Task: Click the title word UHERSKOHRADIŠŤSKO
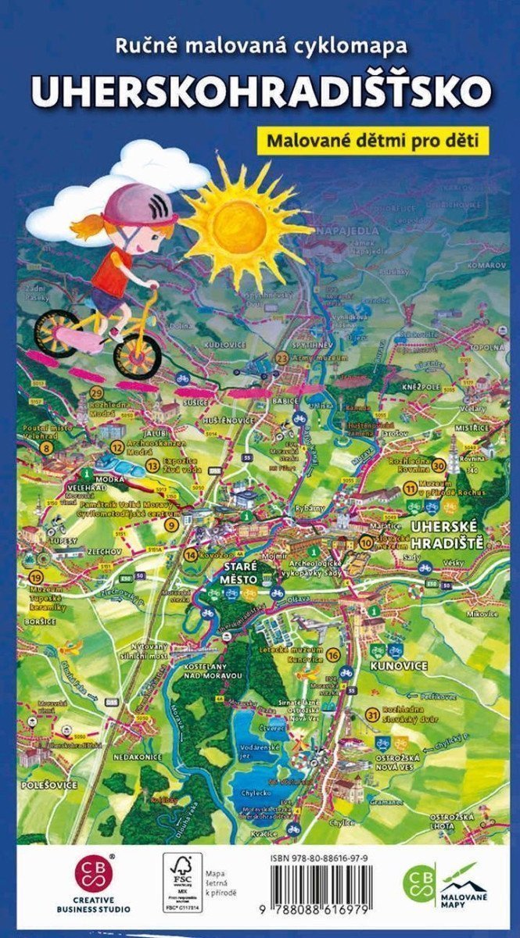click(260, 91)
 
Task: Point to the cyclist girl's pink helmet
click(140, 205)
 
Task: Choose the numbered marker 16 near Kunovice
click(334, 655)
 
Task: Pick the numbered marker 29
click(98, 392)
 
